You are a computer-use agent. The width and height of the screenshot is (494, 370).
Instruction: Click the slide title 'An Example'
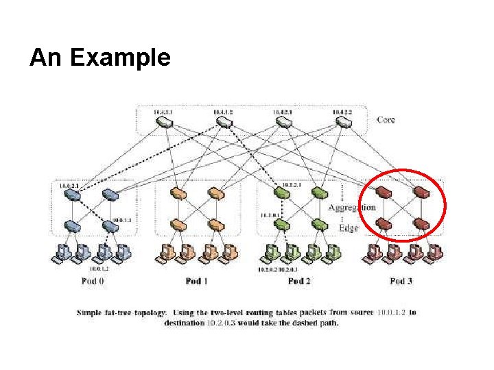[99, 58]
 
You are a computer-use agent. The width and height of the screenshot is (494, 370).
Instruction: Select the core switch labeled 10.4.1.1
[163, 121]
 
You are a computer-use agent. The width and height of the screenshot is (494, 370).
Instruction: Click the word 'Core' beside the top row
[386, 120]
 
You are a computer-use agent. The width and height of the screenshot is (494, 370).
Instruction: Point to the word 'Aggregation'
[352, 207]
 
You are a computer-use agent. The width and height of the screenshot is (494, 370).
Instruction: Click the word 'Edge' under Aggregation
[349, 227]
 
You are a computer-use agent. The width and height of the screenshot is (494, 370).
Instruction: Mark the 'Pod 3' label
[401, 281]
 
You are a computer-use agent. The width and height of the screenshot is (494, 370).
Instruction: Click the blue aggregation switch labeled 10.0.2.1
[73, 195]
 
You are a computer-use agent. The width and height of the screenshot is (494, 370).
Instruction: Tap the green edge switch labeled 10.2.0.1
[282, 225]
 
